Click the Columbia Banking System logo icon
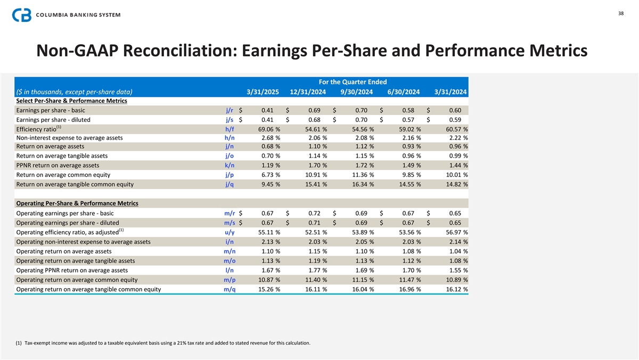pyautogui.click(x=22, y=15)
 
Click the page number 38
pyautogui.click(x=620, y=13)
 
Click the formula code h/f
pyautogui.click(x=230, y=129)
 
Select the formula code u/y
pyautogui.click(x=230, y=232)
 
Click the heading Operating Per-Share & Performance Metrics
pyautogui.click(x=77, y=203)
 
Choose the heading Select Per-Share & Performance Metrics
pyautogui.click(x=71, y=101)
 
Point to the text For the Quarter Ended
pyautogui.click(x=353, y=81)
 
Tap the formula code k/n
pyautogui.click(x=230, y=165)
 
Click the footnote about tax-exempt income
pyautogui.click(x=163, y=342)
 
